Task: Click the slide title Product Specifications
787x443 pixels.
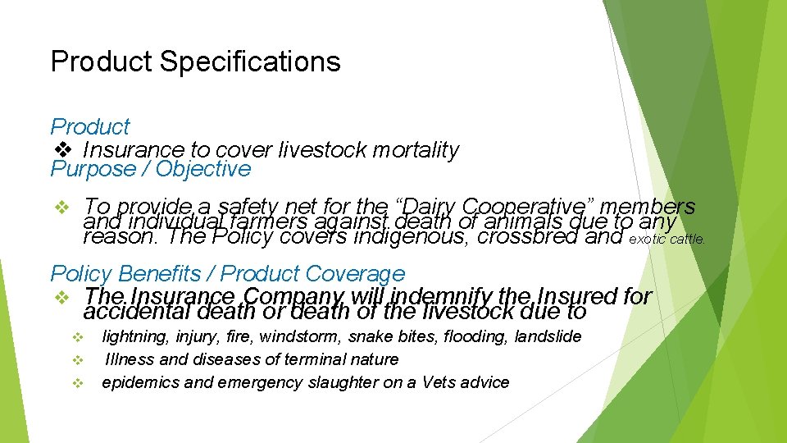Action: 195,62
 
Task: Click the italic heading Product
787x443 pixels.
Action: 90,127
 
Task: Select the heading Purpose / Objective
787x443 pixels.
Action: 151,169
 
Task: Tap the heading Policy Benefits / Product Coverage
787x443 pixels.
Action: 228,274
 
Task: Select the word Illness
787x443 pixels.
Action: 129,359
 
